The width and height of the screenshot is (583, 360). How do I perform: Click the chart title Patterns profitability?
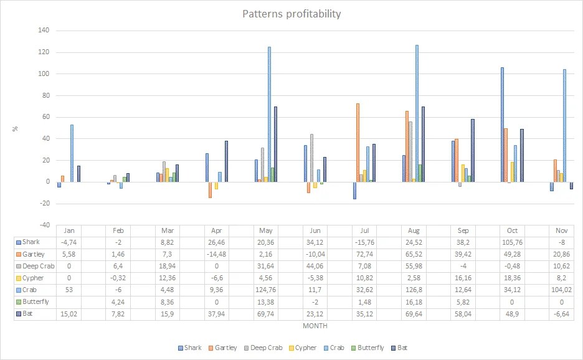pyautogui.click(x=291, y=14)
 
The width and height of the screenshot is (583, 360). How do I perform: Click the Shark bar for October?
pyautogui.click(x=502, y=125)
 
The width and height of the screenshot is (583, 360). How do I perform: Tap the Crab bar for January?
pyautogui.click(x=72, y=153)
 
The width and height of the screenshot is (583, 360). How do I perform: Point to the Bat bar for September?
pyautogui.click(x=473, y=150)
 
